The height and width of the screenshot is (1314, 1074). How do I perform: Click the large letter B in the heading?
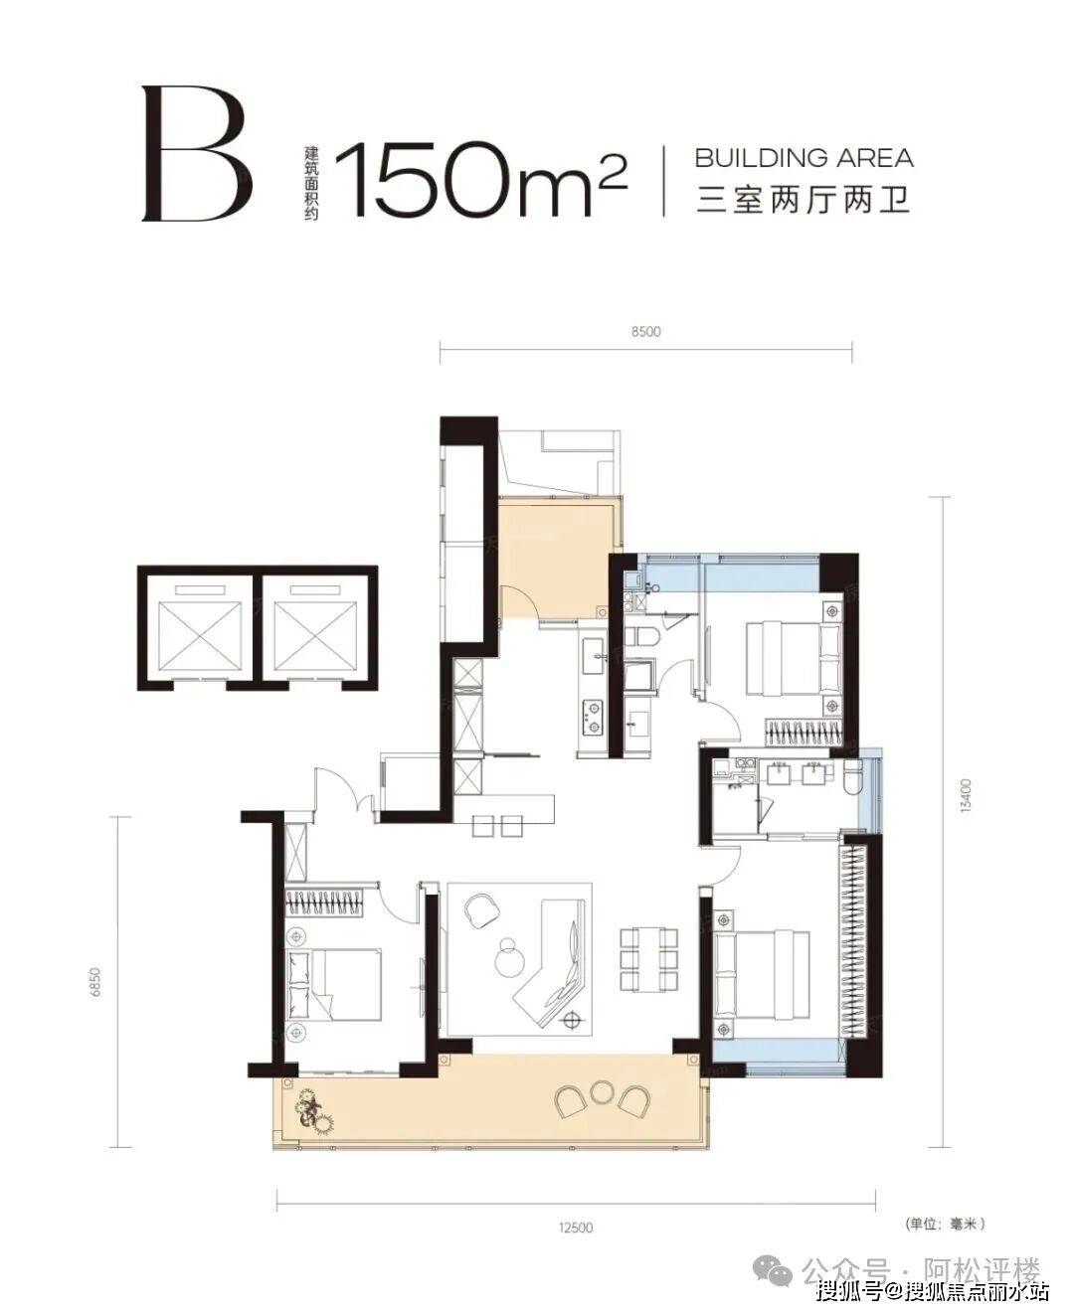(197, 153)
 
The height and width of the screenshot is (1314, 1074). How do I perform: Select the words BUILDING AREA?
(804, 158)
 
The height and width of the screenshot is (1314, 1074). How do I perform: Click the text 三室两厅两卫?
(804, 200)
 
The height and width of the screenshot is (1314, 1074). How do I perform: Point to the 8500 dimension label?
(645, 331)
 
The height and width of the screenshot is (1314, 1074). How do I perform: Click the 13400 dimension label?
(966, 795)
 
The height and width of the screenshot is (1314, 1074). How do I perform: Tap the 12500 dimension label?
(576, 1228)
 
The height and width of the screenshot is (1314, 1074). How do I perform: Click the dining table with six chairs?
(649, 966)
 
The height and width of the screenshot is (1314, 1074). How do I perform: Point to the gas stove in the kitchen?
(592, 717)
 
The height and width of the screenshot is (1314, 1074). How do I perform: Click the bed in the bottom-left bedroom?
(334, 984)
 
